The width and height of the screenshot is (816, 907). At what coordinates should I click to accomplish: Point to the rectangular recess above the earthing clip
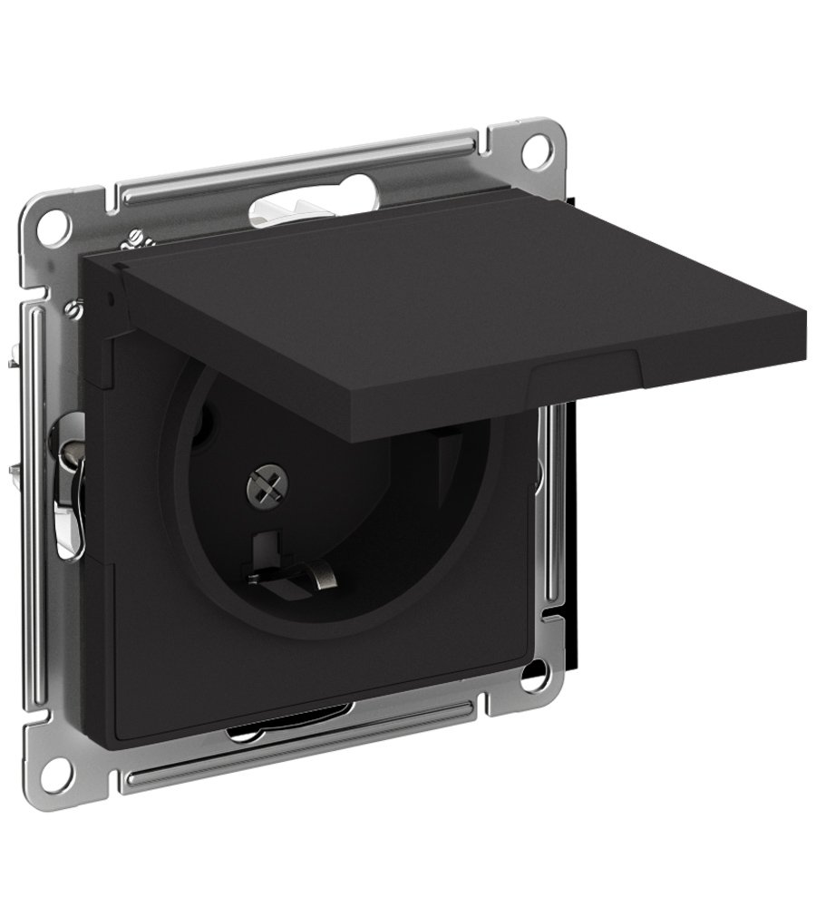point(266,544)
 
